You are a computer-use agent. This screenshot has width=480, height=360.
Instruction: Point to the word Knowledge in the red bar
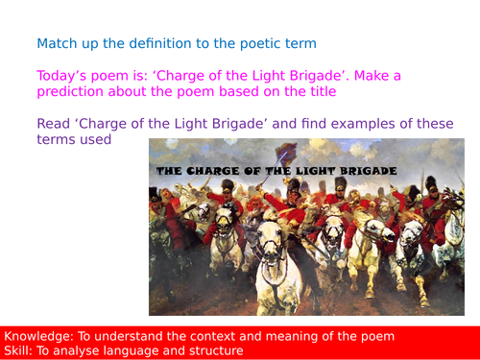(x=38, y=336)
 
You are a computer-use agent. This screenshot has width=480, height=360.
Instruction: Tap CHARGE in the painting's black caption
(x=213, y=170)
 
